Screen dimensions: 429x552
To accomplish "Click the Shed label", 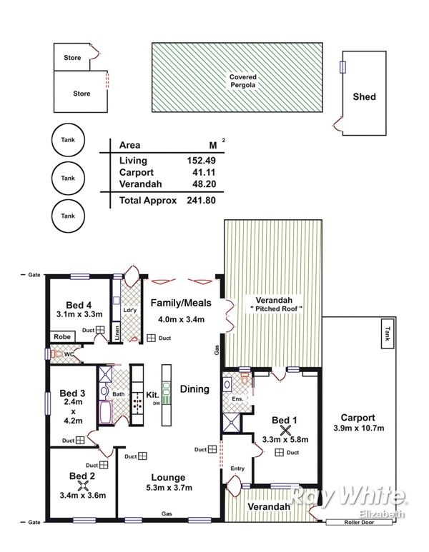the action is click(x=364, y=97).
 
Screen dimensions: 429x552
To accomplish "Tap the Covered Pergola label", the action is click(x=243, y=81).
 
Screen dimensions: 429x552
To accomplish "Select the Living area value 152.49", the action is click(x=202, y=161).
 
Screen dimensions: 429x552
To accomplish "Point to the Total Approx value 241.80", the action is click(x=202, y=201).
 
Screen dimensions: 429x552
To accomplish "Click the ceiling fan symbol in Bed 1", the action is click(x=285, y=430).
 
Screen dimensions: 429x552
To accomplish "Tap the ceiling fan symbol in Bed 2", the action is click(x=83, y=486).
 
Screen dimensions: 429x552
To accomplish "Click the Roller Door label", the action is click(x=359, y=523).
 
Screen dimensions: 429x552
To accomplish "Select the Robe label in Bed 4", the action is click(x=62, y=337).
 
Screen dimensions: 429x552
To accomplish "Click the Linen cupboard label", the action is click(x=117, y=332).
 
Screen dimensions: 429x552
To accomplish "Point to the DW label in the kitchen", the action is click(x=156, y=403).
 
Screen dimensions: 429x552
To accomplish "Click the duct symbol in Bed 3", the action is click(x=80, y=440).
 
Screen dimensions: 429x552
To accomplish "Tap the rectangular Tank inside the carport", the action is click(x=388, y=333).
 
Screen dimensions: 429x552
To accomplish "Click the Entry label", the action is click(x=237, y=468).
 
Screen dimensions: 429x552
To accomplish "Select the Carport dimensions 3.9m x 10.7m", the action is click(x=358, y=428).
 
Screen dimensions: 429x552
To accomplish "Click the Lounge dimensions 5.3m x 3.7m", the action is click(x=169, y=488).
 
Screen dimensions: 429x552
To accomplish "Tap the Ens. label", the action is click(x=237, y=399).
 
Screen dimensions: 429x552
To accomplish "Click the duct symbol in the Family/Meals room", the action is click(x=152, y=338).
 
